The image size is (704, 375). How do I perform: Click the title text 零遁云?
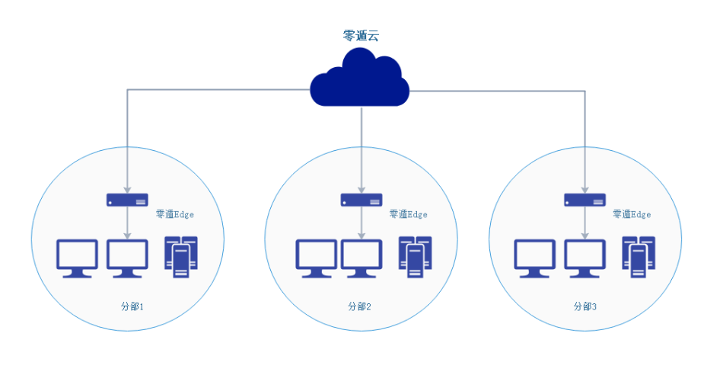tap(360, 35)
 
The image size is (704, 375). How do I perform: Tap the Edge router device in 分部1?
tap(127, 200)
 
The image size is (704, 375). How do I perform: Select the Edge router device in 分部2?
tap(361, 200)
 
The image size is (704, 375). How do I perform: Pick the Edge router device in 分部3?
tap(585, 200)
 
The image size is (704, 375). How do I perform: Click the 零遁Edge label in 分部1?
tap(174, 215)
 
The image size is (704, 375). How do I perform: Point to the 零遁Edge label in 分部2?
tap(408, 215)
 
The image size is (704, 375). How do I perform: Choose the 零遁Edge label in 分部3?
tap(632, 215)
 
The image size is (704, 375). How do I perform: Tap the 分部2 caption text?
tap(359, 306)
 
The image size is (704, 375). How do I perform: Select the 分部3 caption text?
tap(585, 306)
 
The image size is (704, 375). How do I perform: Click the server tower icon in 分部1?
tap(181, 257)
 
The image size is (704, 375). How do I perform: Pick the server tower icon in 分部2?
tap(414, 257)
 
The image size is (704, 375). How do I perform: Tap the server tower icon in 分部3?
tap(638, 257)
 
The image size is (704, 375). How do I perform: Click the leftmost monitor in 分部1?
tap(78, 258)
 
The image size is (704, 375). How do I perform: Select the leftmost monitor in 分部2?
tap(316, 258)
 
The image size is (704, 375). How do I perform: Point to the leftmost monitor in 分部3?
tap(535, 258)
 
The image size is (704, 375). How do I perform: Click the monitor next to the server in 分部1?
tap(127, 258)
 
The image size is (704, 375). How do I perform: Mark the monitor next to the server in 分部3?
tap(585, 258)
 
